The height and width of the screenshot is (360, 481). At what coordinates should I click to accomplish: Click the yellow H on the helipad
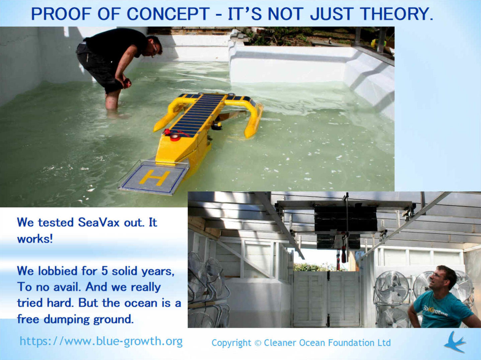[154, 177]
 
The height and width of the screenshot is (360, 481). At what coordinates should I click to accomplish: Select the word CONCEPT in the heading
[168, 14]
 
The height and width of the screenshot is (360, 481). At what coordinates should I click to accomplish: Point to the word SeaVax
[98, 222]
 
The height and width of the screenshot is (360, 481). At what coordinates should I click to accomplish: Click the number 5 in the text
[105, 271]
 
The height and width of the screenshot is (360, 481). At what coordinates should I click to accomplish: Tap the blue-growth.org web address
[101, 341]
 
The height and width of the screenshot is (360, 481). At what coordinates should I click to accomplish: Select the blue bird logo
[455, 342]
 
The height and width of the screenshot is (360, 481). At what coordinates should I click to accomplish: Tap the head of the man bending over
[154, 46]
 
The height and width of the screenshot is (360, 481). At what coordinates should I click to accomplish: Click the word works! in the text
[35, 239]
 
